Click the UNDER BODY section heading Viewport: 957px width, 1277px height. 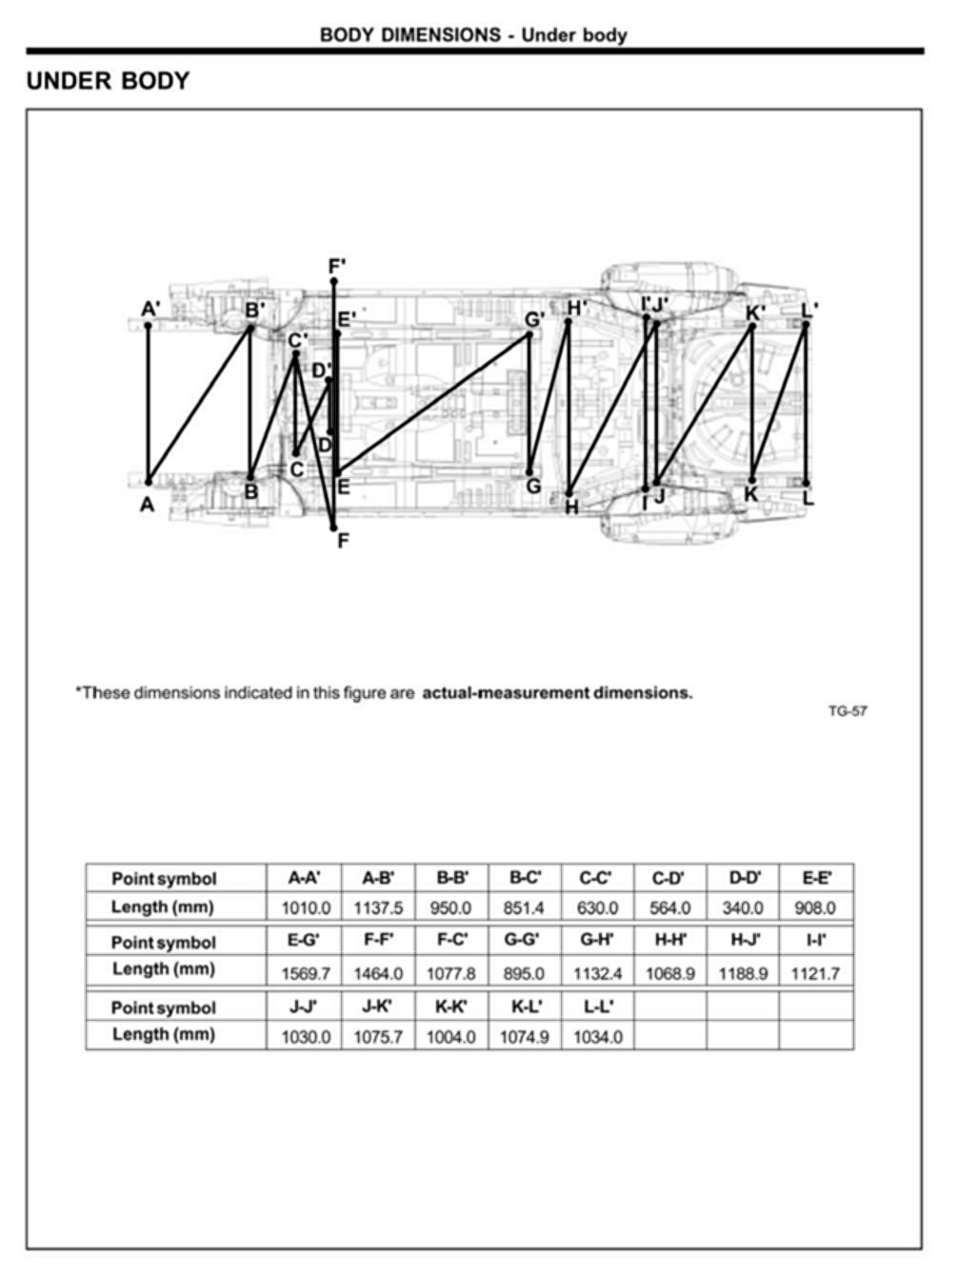point(108,81)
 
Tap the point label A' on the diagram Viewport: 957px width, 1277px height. point(150,309)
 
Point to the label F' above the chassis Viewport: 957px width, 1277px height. point(336,266)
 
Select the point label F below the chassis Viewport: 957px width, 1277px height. point(343,541)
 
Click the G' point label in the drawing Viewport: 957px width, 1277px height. point(534,319)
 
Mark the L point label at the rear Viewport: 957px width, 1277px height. point(808,497)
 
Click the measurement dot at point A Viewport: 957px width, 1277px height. point(148,482)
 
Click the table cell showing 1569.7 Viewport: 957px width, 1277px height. point(306,973)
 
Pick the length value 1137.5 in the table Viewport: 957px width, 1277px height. point(378,908)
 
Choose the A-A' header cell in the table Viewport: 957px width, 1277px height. point(305,877)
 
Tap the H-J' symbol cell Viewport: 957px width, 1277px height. point(742,941)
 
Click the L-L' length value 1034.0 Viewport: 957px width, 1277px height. point(597,1037)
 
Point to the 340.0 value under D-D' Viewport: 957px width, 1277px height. point(742,908)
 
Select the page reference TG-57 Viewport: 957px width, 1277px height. point(847,710)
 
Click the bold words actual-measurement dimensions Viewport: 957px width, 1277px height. point(557,692)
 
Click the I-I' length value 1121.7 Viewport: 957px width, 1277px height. point(815,973)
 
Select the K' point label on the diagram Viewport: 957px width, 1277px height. point(755,311)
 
